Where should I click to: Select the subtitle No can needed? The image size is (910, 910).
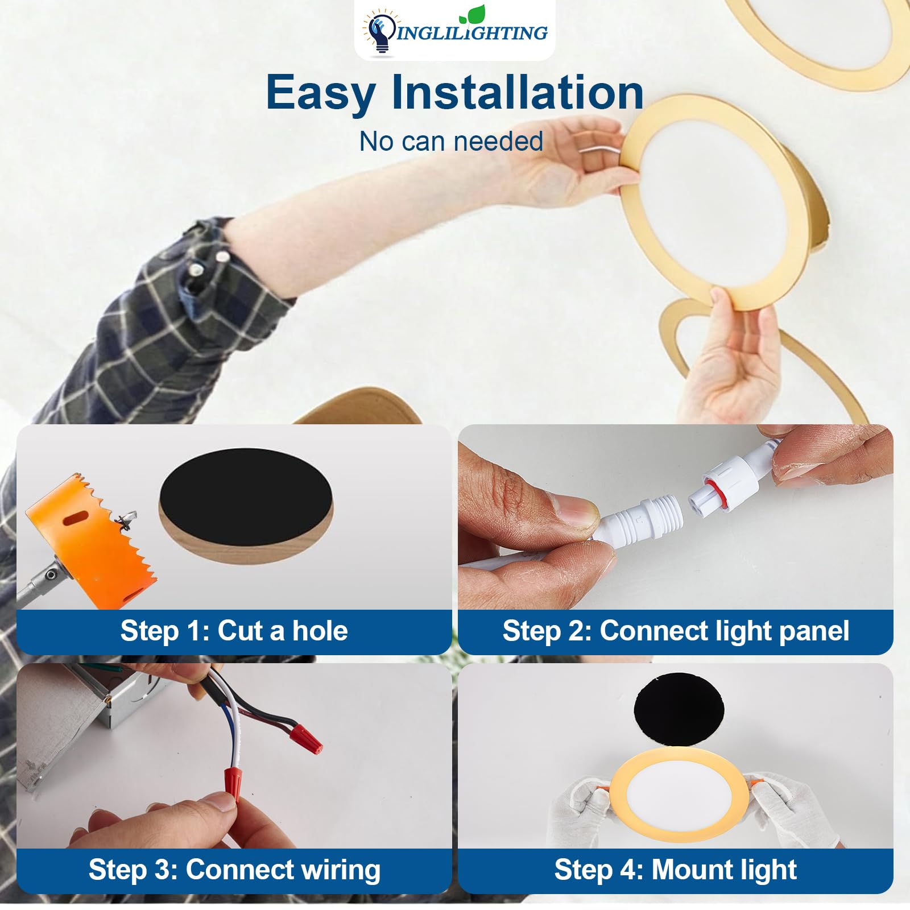point(451,142)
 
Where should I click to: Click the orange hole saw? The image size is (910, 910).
point(91,540)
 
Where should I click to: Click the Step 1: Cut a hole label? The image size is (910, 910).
point(234,631)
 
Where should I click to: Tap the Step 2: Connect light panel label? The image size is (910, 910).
point(675,631)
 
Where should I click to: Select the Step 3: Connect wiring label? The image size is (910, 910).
point(234,870)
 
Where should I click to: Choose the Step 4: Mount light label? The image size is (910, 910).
point(675,870)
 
